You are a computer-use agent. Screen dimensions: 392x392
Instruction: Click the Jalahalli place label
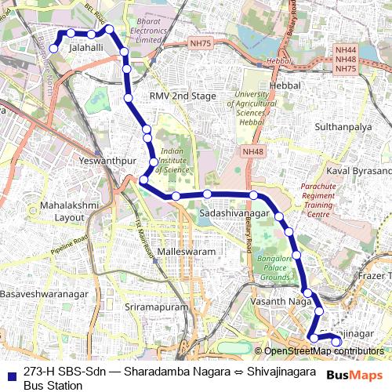click(86, 48)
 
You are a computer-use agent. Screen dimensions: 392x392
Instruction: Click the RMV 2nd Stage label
click(183, 96)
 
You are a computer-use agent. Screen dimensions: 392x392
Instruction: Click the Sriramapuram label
click(157, 307)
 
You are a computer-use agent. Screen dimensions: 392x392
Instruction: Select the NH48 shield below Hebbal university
click(252, 151)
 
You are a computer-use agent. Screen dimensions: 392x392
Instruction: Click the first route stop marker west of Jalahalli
click(53, 48)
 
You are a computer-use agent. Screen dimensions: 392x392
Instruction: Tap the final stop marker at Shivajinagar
click(337, 340)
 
